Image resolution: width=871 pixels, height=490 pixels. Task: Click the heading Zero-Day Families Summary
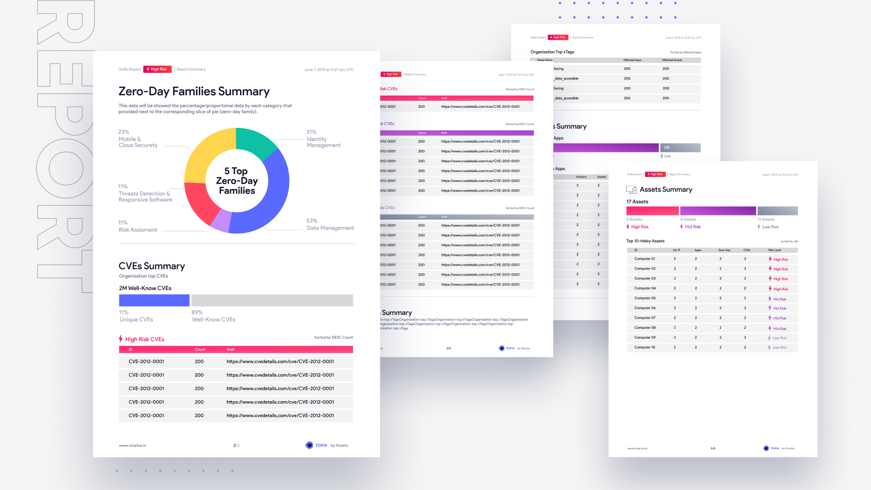click(194, 91)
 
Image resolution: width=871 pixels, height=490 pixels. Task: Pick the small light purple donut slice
click(220, 220)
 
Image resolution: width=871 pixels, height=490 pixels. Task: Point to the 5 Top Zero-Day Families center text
click(237, 181)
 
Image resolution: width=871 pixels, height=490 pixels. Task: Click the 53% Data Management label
click(330, 224)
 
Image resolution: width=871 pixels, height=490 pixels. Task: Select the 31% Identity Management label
click(323, 139)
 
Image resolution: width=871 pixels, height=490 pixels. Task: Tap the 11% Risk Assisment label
click(138, 226)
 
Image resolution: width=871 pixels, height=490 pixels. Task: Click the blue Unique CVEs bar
click(154, 300)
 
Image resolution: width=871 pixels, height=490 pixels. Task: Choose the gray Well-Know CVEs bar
click(272, 300)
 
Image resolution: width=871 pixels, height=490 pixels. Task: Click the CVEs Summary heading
click(152, 266)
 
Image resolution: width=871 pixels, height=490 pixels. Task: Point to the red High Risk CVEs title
click(144, 339)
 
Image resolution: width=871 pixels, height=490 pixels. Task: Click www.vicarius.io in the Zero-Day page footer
click(132, 445)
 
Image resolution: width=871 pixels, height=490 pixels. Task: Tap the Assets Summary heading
click(666, 189)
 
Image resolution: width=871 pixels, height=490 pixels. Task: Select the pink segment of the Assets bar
click(652, 211)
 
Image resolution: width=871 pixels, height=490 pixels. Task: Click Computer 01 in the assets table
click(645, 259)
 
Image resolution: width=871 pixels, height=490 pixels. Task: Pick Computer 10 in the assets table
click(645, 347)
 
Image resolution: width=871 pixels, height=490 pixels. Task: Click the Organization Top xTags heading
click(552, 52)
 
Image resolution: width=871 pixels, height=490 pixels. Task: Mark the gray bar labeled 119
click(680, 148)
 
